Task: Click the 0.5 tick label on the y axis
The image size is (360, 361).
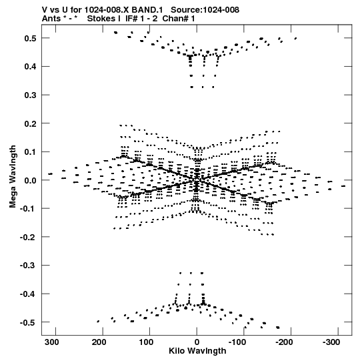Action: [x=30, y=38]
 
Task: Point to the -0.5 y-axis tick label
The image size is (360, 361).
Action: [x=28, y=322]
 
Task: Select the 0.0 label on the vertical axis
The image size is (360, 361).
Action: [x=30, y=180]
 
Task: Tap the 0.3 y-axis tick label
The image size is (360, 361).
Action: [x=30, y=95]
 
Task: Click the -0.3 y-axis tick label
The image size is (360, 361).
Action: [x=28, y=266]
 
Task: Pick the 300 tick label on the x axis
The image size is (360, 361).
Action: [x=52, y=342]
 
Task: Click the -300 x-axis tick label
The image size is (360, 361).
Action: [x=331, y=342]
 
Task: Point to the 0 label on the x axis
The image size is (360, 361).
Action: [x=197, y=342]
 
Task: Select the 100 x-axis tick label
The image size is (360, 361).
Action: [x=146, y=342]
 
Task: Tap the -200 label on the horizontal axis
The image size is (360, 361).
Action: [x=284, y=342]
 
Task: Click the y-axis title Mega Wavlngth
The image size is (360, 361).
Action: [x=13, y=177]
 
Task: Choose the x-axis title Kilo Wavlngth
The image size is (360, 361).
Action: [x=197, y=351]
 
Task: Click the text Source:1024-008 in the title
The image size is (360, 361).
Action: [x=205, y=10]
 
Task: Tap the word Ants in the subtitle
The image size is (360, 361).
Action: [x=51, y=19]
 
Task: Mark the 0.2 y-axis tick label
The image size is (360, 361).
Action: [x=30, y=123]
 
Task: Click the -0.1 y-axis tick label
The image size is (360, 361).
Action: [x=28, y=209]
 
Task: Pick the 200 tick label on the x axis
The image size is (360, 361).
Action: [x=99, y=342]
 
